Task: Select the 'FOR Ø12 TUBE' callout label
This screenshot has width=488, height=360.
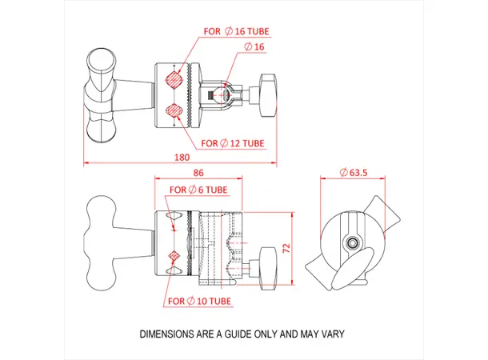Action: coord(233,144)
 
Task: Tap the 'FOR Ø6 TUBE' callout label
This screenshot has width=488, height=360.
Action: coord(198,190)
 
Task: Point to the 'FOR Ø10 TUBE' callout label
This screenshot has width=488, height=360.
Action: coord(199,301)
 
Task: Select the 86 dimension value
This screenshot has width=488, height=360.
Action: coord(198,173)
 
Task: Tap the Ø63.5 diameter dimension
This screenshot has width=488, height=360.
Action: coord(353,172)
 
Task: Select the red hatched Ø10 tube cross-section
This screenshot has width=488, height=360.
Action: coord(174,255)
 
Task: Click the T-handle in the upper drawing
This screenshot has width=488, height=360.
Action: coord(100,94)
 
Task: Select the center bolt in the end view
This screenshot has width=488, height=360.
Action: coord(353,242)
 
